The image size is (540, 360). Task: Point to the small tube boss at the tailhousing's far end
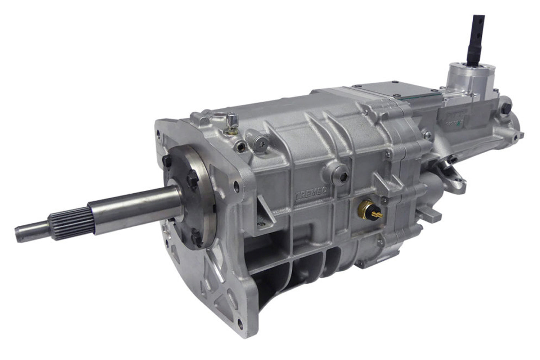(x=518, y=135)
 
